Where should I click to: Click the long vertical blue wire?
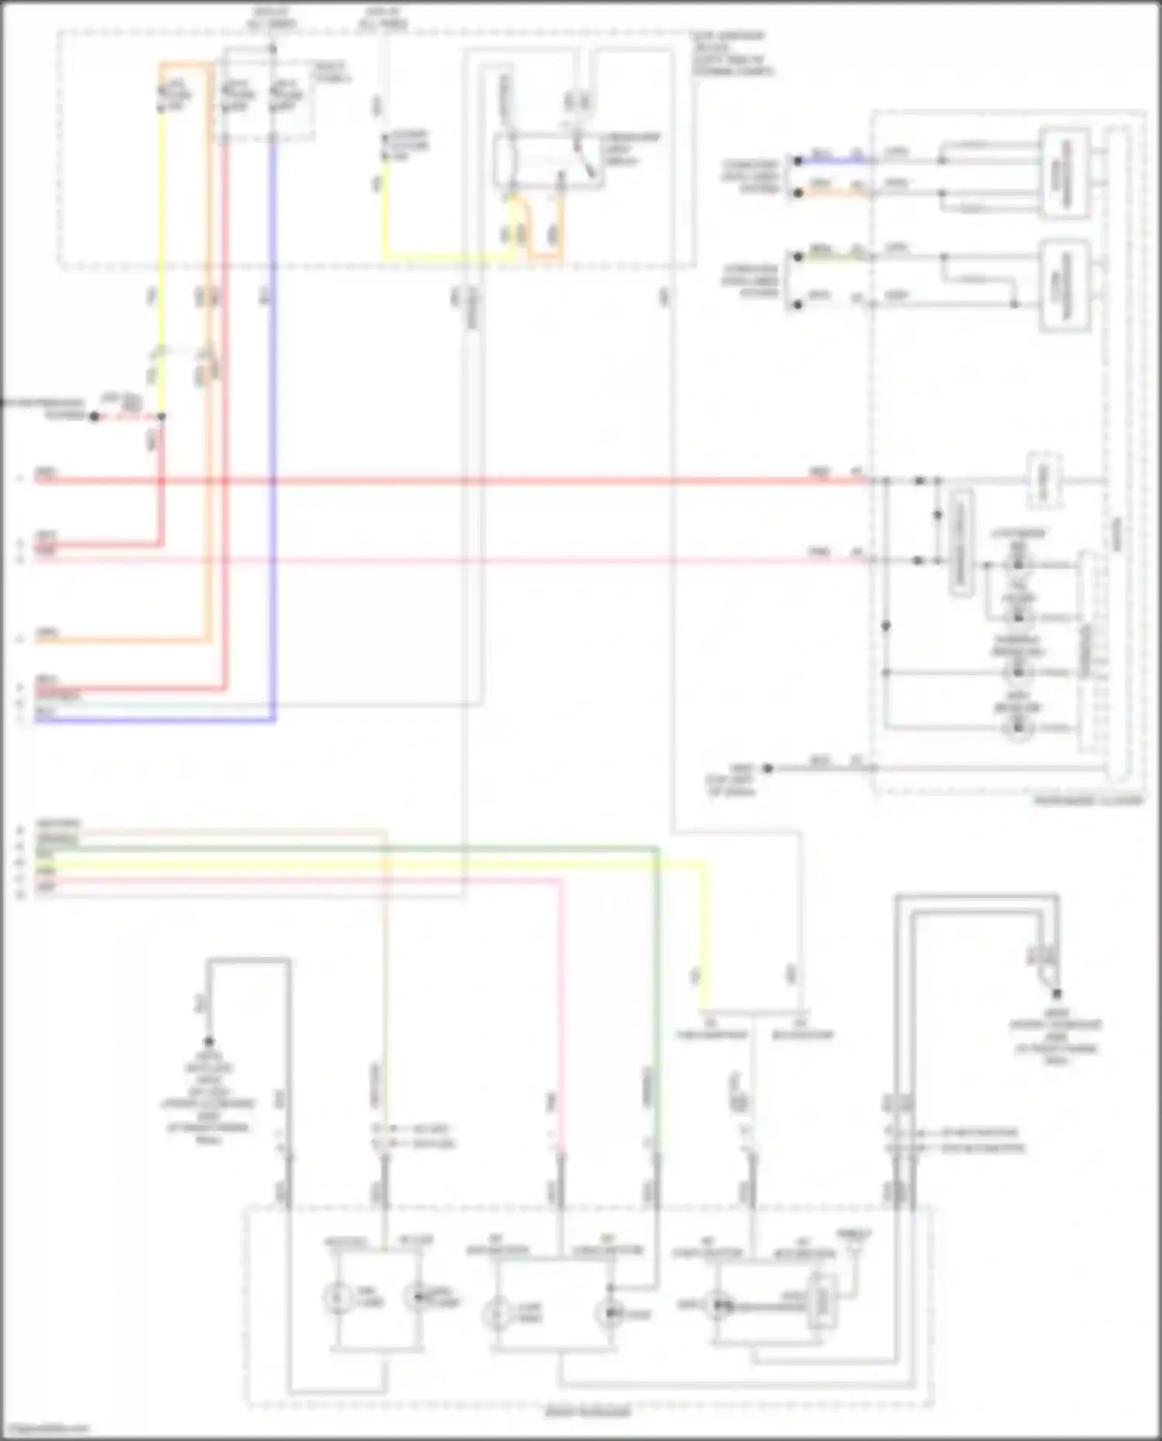(273, 434)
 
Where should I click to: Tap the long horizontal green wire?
(349, 849)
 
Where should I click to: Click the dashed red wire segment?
(128, 417)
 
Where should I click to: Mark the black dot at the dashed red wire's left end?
(95, 417)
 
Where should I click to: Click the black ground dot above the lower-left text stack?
(208, 1042)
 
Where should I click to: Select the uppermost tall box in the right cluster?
(1064, 174)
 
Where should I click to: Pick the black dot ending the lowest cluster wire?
(768, 768)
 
